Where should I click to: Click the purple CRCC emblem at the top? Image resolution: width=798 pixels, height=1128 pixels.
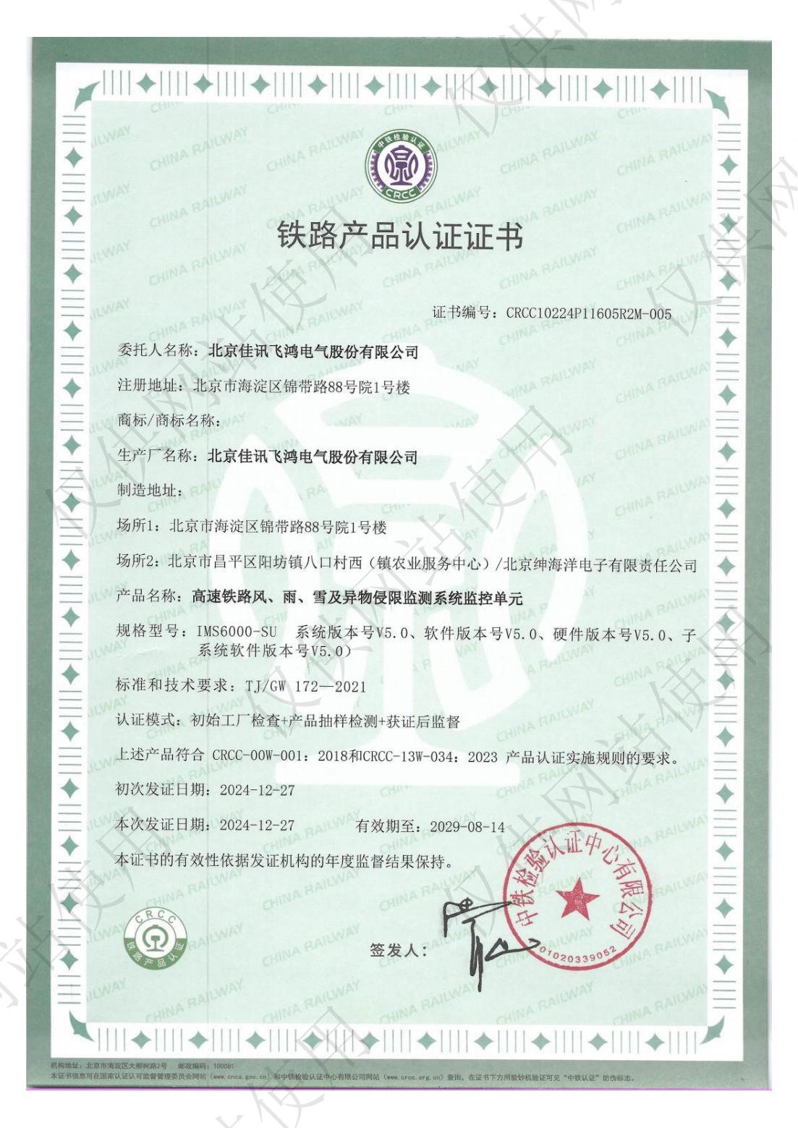coord(399,169)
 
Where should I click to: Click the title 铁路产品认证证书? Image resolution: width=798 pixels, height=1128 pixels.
coord(400,237)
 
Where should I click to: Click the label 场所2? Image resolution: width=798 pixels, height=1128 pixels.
coord(137,563)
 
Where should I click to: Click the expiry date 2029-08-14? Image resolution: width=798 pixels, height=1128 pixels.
coord(467,827)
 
